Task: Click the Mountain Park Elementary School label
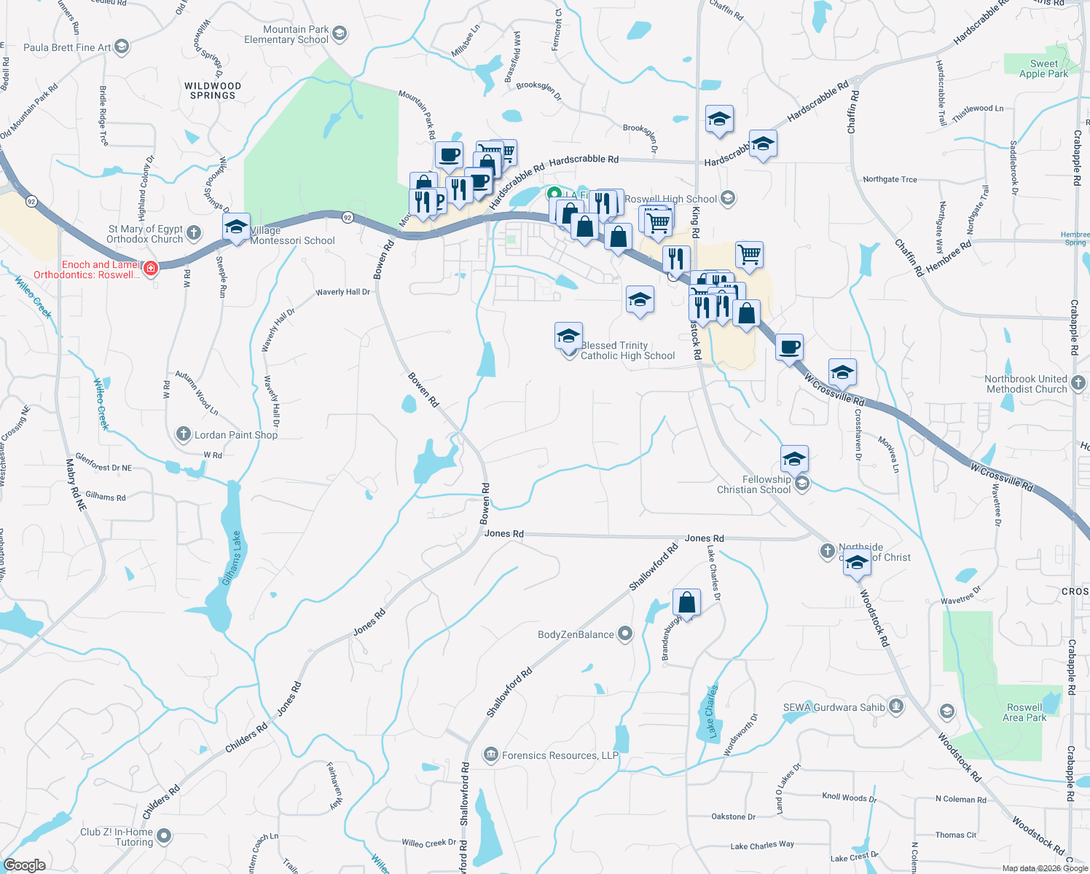pos(286,35)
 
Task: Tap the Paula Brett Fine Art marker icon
pos(122,47)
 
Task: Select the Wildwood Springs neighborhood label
pos(213,90)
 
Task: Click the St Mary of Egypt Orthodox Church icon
pos(193,233)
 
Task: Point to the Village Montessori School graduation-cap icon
pos(236,227)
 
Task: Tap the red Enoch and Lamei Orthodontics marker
pos(151,269)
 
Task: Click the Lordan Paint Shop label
pos(236,435)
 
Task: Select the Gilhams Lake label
pos(232,557)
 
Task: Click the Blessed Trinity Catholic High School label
pos(627,350)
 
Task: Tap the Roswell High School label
pos(670,199)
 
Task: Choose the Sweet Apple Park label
pos(1043,68)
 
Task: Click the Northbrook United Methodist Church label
pos(1026,384)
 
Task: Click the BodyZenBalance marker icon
pos(625,634)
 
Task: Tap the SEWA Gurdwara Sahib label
pos(834,707)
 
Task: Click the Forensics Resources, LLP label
pos(560,755)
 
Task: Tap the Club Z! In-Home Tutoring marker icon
pos(164,836)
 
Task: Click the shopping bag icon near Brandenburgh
pos(686,602)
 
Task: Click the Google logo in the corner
pos(25,865)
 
